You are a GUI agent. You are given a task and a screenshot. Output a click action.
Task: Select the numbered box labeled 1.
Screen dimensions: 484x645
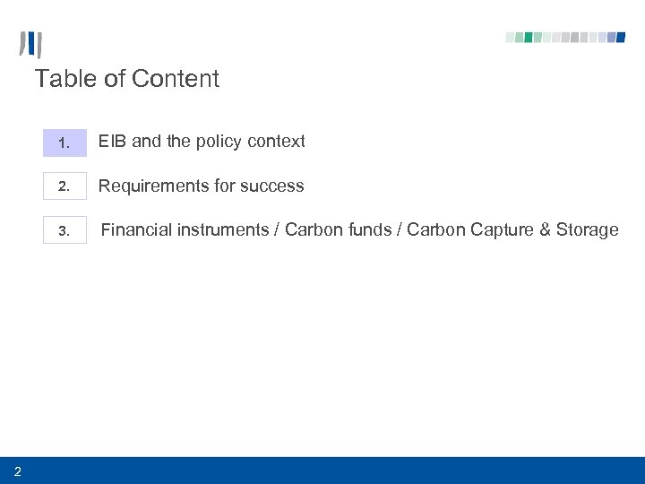tap(64, 143)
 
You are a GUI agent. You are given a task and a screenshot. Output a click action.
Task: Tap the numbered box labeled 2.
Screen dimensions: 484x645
tap(64, 186)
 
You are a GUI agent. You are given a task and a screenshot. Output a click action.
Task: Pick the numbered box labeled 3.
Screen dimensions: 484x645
tap(64, 231)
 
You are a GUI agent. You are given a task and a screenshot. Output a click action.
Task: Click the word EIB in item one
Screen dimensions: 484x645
tap(112, 142)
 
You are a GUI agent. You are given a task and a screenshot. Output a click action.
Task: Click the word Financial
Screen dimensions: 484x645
tap(136, 230)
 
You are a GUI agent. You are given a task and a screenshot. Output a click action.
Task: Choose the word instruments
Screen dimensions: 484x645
tap(223, 230)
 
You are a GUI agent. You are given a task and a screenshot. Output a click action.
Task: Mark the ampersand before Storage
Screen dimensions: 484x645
tap(545, 230)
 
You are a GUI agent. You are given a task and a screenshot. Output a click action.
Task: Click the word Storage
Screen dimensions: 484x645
tap(587, 230)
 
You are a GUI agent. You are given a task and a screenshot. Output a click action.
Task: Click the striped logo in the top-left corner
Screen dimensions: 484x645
tap(31, 45)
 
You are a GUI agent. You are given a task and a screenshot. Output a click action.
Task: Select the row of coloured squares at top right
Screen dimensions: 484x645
tap(565, 38)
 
